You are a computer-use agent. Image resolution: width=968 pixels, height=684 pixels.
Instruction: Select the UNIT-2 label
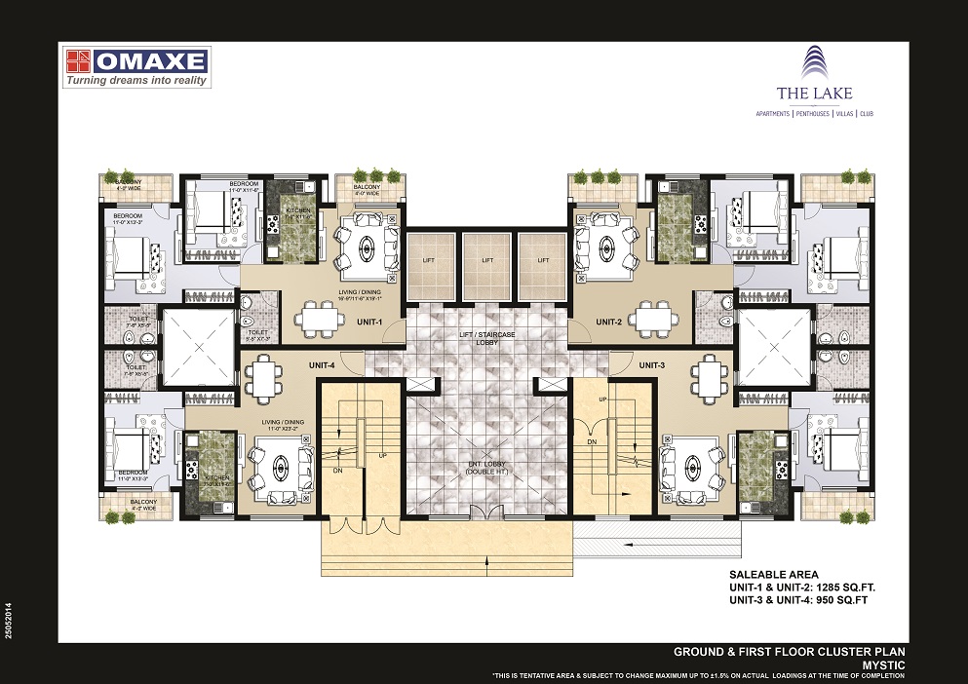pyautogui.click(x=609, y=322)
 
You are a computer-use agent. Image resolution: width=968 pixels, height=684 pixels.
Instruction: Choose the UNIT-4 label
pyautogui.click(x=322, y=364)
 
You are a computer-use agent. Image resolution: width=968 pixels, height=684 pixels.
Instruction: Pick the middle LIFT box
pyautogui.click(x=487, y=261)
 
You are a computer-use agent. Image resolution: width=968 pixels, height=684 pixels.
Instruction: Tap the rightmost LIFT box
pyautogui.click(x=544, y=261)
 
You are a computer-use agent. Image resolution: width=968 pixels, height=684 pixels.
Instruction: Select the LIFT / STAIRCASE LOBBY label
pyautogui.click(x=486, y=339)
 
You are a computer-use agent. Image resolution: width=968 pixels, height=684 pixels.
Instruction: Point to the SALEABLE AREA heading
pyautogui.click(x=769, y=575)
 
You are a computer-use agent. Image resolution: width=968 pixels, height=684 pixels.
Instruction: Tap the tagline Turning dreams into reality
pyautogui.click(x=137, y=81)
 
